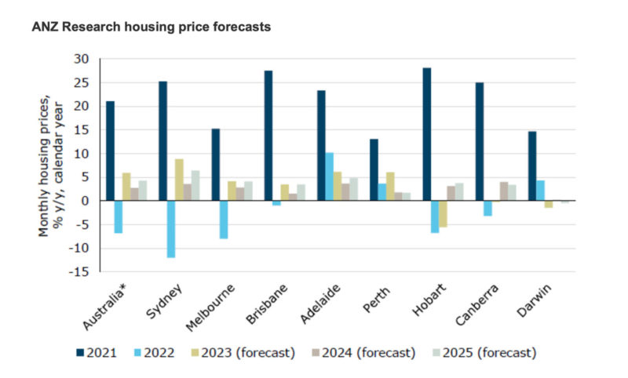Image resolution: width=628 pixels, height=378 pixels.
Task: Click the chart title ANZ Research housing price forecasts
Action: click(151, 27)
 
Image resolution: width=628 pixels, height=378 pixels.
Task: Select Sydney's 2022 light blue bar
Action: click(171, 229)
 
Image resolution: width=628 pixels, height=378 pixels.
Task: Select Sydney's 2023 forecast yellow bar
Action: click(180, 180)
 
